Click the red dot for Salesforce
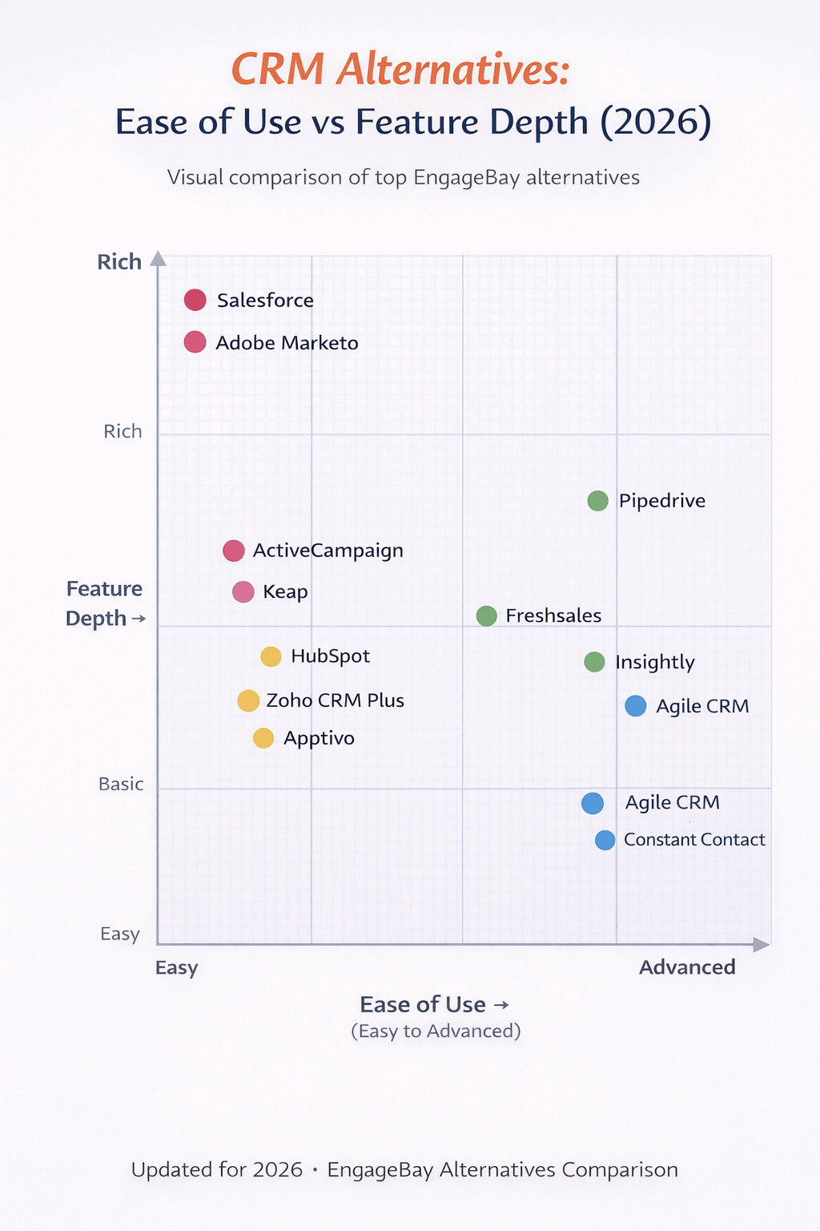point(195,300)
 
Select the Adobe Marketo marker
point(195,342)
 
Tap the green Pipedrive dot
point(597,501)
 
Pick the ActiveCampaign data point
point(233,551)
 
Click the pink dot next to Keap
point(243,591)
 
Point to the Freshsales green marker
point(486,615)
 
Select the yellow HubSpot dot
point(271,656)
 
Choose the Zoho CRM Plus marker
point(248,700)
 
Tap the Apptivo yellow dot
point(263,738)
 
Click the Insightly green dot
point(594,662)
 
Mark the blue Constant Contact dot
point(605,840)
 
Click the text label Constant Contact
point(694,840)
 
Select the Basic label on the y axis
point(121,784)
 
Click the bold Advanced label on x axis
point(687,967)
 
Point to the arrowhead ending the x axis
point(762,945)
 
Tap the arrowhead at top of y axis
point(158,258)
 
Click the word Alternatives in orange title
point(453,69)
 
